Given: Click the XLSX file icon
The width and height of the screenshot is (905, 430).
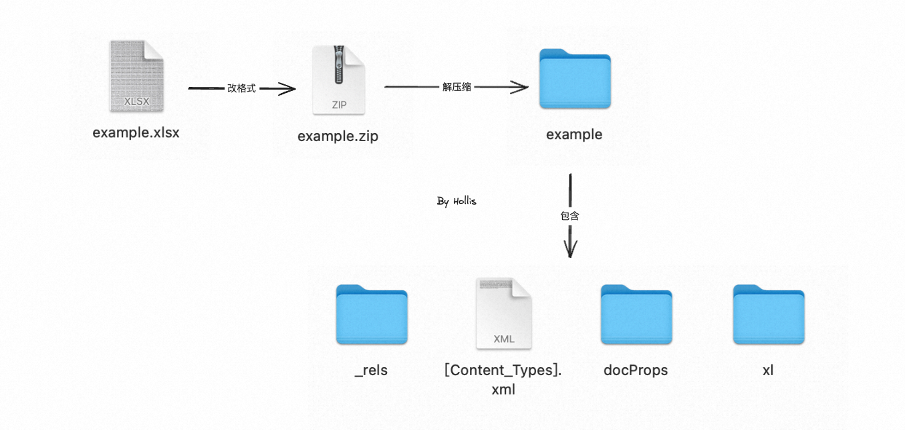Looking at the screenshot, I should point(136,76).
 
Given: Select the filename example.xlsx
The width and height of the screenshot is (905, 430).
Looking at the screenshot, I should point(136,132).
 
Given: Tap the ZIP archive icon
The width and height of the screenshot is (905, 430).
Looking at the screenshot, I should point(339,78).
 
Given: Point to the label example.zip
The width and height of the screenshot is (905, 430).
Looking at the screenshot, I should point(338,136).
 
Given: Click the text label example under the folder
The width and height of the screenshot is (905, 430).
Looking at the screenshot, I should point(574,134).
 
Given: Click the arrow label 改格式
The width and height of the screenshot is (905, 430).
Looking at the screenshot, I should point(241,88).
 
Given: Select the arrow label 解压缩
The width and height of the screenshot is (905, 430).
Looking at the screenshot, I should point(457,87).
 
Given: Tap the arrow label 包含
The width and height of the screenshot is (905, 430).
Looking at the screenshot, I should point(569,216).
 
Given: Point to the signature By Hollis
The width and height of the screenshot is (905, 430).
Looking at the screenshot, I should point(457,201).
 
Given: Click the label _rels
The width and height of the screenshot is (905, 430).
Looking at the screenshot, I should point(371,370).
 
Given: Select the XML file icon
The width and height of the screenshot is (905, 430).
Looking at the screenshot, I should point(503,314).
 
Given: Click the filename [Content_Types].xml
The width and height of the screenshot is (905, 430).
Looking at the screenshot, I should point(503,379).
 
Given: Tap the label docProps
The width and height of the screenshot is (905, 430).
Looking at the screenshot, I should point(636,370).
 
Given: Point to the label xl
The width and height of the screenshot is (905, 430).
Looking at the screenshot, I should point(768,370).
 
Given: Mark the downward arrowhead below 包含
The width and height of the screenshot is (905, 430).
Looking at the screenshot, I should point(570,249).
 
